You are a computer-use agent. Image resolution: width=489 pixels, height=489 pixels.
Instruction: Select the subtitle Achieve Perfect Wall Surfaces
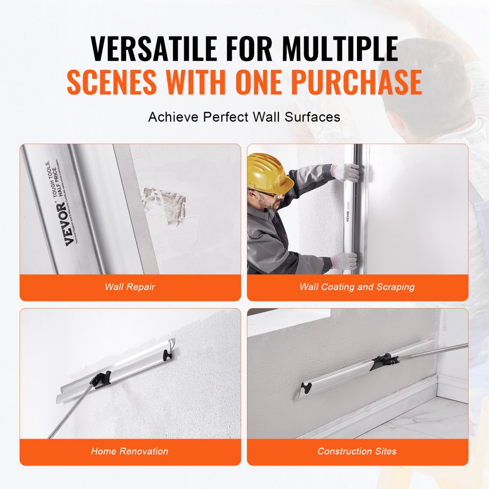(244, 117)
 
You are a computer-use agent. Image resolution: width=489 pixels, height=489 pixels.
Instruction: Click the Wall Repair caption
(130, 287)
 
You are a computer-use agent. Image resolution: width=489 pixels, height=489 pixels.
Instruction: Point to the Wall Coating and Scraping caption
(357, 287)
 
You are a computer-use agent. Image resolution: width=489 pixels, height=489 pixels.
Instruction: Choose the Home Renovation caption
(130, 451)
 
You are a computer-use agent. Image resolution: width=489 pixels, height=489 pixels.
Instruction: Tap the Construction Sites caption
(357, 451)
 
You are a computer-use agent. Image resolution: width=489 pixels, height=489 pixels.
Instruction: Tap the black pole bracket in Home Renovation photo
(101, 379)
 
